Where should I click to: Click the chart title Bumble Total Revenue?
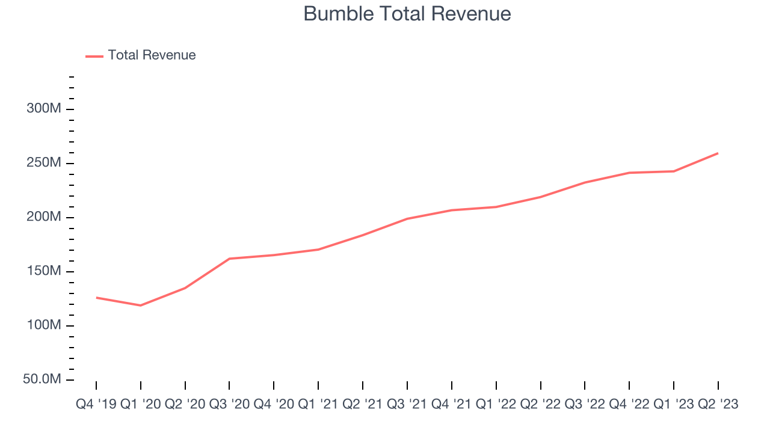pyautogui.click(x=407, y=13)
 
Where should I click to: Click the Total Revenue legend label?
pyautogui.click(x=152, y=55)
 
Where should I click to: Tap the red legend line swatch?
pyautogui.click(x=94, y=56)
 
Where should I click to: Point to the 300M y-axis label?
pyautogui.click(x=44, y=109)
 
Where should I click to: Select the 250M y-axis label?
pyautogui.click(x=44, y=164)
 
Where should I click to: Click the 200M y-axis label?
pyautogui.click(x=44, y=218)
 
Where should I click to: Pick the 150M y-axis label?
pyautogui.click(x=44, y=272)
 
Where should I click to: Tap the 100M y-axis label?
pyautogui.click(x=44, y=326)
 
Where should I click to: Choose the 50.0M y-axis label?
pyautogui.click(x=43, y=380)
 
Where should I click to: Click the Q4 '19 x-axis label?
pyautogui.click(x=96, y=405)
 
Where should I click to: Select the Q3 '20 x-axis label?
pyautogui.click(x=229, y=405)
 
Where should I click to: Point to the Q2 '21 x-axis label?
pyautogui.click(x=363, y=405)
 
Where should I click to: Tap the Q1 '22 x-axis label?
pyautogui.click(x=496, y=405)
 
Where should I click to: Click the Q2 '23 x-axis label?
pyautogui.click(x=718, y=405)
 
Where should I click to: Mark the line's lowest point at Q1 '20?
pyautogui.click(x=141, y=306)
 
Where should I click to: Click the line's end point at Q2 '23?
pyautogui.click(x=718, y=153)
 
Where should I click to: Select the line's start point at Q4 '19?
pyautogui.click(x=96, y=298)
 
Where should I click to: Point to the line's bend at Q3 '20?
pyautogui.click(x=229, y=259)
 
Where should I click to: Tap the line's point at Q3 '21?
pyautogui.click(x=407, y=219)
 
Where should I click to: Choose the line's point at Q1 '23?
pyautogui.click(x=674, y=171)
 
